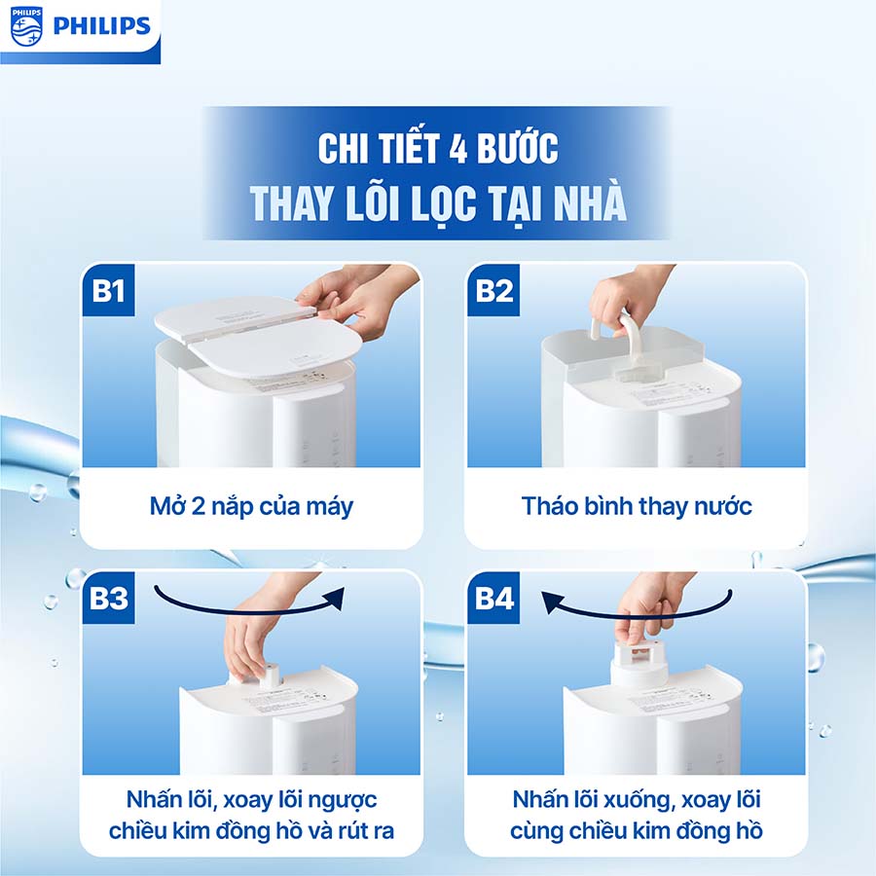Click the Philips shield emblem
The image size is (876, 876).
pyautogui.click(x=26, y=25)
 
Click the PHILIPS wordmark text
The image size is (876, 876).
pyautogui.click(x=102, y=25)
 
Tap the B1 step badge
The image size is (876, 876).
pyautogui.click(x=109, y=290)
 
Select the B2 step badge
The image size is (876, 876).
pyautogui.click(x=494, y=290)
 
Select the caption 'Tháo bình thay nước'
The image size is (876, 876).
pyautogui.click(x=637, y=506)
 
